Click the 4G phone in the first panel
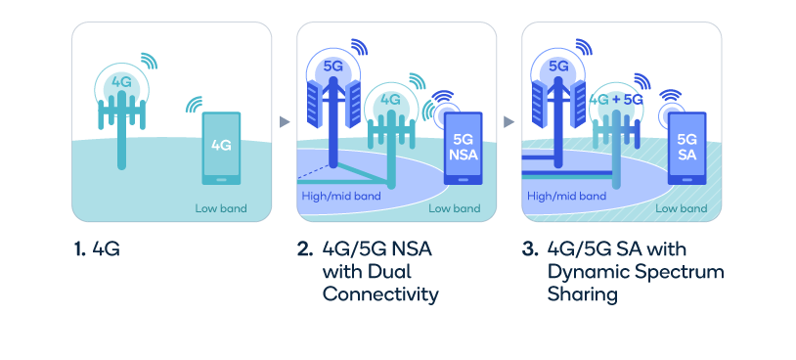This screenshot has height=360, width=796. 221,148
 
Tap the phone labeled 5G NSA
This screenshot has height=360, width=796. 462,147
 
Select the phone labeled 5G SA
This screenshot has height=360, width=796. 687,147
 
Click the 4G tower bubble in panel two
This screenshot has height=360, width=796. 391,100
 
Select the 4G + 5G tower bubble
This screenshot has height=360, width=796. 617,100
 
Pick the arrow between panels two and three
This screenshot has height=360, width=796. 509,122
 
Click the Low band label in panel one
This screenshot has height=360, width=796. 221,207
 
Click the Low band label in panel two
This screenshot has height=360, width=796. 454,207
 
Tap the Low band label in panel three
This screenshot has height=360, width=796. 681,207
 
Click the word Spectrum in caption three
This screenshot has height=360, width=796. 676,271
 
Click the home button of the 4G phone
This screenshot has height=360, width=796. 221,179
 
